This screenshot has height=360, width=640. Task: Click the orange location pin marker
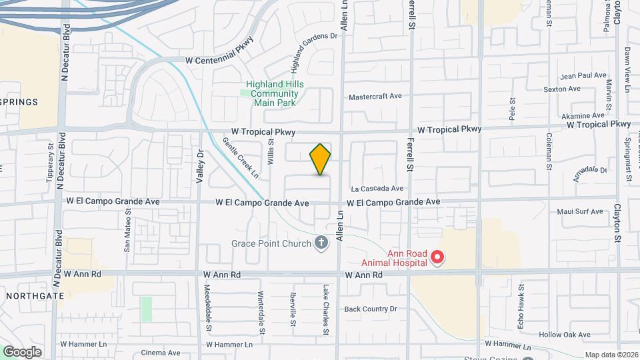(x=320, y=159)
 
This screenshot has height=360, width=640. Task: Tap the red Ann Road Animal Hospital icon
(x=437, y=257)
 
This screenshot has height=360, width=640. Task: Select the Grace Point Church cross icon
(x=321, y=243)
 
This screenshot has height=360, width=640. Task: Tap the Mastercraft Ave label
(x=375, y=96)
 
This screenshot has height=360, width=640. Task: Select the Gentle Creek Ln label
(x=241, y=158)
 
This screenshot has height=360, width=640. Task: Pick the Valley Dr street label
(x=199, y=167)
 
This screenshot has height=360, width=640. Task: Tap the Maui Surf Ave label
(x=580, y=212)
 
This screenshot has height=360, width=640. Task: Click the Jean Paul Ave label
(x=583, y=76)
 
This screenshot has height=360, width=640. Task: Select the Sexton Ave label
(x=562, y=89)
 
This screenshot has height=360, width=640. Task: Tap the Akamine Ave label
(x=583, y=115)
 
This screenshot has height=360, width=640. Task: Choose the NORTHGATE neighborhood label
(x=34, y=295)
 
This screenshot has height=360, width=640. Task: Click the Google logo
(x=21, y=352)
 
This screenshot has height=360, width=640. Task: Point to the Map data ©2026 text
(x=611, y=355)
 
